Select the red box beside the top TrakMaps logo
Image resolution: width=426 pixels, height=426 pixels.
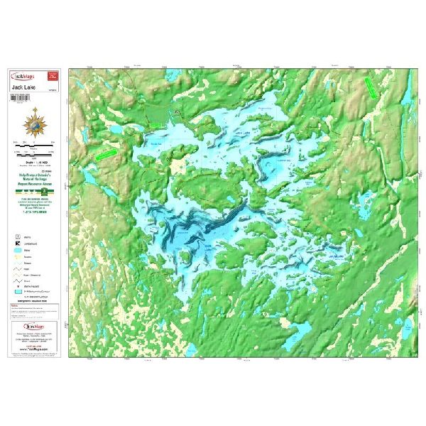(52, 75)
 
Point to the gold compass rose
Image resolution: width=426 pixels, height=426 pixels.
(35, 121)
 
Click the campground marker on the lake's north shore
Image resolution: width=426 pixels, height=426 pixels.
(177, 111)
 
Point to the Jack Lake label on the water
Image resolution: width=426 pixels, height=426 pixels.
(241, 133)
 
